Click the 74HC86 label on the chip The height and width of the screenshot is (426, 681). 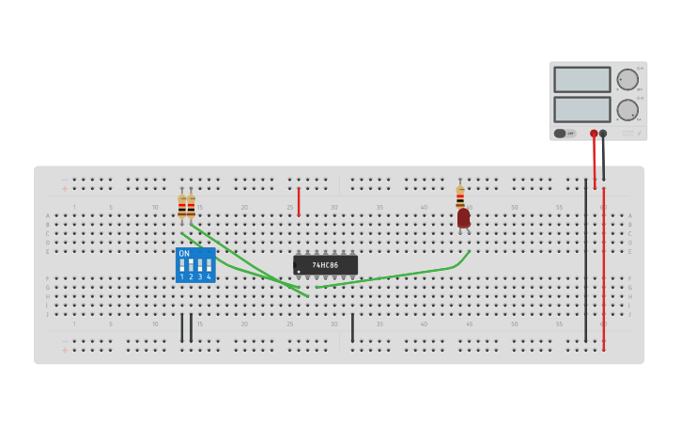point(325,265)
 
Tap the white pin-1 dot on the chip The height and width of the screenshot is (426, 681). point(299,272)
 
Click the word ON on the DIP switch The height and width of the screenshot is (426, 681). point(184,254)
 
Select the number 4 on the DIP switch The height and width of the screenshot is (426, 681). point(209,277)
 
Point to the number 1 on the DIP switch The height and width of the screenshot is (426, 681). point(182,277)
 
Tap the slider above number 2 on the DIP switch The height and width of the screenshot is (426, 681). point(191,265)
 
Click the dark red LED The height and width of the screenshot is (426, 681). point(463,218)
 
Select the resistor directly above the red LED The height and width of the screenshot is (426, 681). point(460,197)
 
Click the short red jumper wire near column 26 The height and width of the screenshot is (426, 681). point(299,201)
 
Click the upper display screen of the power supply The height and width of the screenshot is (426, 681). point(581,79)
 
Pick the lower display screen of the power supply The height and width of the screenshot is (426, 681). point(581,109)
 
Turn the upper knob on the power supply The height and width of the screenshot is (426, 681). point(627,79)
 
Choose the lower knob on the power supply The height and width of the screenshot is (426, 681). point(627,110)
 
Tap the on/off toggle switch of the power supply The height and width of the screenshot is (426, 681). point(562,134)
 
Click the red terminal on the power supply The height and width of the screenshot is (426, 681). point(594,134)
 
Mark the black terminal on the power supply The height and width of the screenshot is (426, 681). point(603,134)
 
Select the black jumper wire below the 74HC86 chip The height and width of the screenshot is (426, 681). point(352,327)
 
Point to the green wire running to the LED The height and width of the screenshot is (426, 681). point(395,276)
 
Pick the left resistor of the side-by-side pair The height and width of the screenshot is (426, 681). point(181,206)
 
